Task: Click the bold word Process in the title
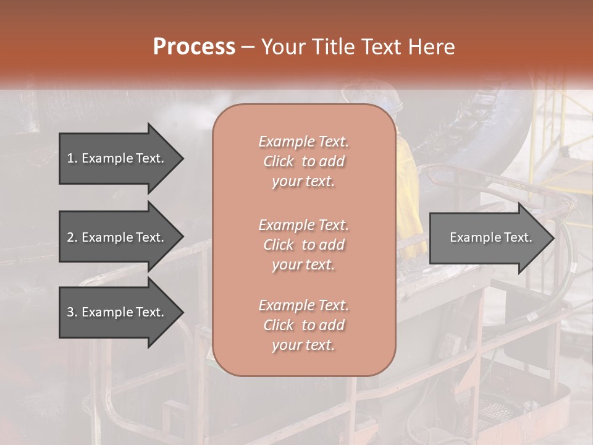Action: click(194, 47)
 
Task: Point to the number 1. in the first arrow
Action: click(72, 158)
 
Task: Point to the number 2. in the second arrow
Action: click(72, 237)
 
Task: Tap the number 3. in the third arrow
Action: click(72, 312)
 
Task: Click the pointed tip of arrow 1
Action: click(182, 158)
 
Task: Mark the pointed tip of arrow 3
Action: click(182, 312)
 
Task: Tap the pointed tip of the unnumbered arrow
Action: click(553, 238)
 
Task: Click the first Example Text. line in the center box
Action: click(303, 142)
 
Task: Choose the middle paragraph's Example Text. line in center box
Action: click(303, 224)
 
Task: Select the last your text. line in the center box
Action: click(303, 345)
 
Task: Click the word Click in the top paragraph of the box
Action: click(278, 161)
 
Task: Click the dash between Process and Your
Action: click(248, 47)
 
